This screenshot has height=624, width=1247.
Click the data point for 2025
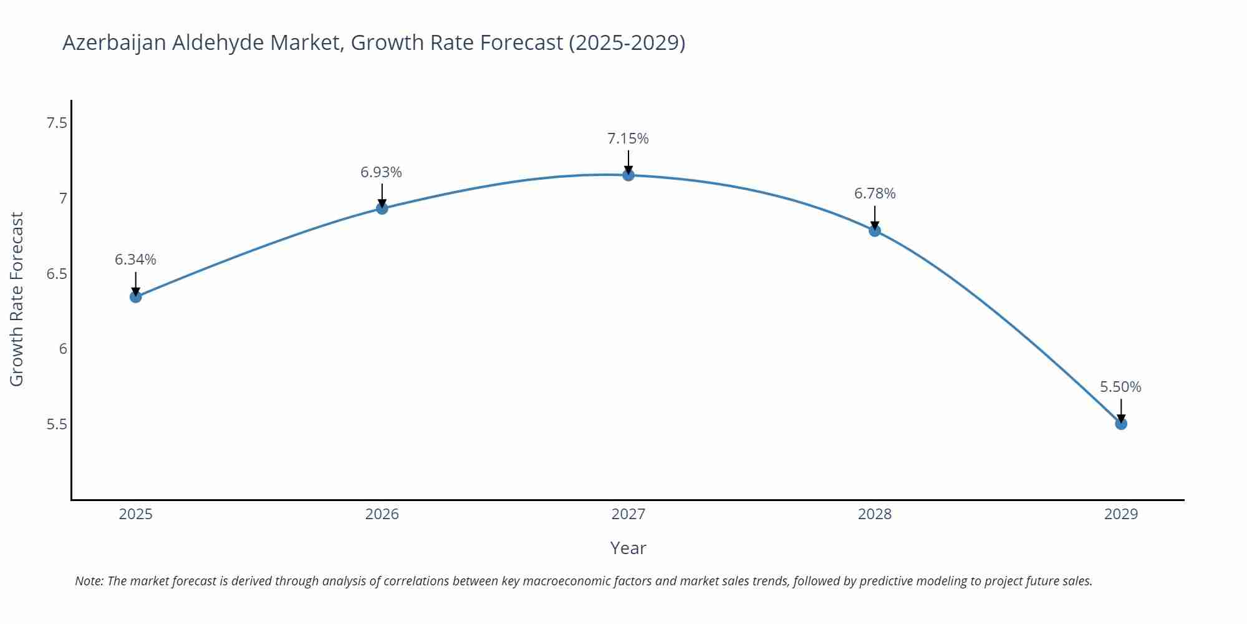(135, 297)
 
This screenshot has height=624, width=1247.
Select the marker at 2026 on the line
(382, 208)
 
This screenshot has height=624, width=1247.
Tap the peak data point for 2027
(628, 175)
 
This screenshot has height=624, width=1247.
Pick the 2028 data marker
(875, 231)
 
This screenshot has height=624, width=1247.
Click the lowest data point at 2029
(1121, 424)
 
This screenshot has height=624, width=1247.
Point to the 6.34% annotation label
(135, 260)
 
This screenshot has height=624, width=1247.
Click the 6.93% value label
(381, 172)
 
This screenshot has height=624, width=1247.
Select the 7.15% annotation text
(628, 139)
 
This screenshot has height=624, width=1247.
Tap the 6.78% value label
(875, 194)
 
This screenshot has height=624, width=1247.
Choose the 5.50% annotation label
(1120, 387)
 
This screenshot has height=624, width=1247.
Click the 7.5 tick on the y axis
(57, 123)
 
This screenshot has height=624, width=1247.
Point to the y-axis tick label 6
(63, 349)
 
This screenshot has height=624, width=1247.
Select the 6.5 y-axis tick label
(57, 274)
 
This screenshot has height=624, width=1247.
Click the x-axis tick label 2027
(628, 514)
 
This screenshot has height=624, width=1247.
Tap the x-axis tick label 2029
(1121, 514)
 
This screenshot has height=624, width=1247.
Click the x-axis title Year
(628, 548)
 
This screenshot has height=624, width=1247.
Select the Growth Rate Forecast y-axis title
(17, 299)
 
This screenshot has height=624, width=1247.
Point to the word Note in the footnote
(89, 581)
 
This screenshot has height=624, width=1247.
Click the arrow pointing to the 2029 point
(1121, 409)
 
